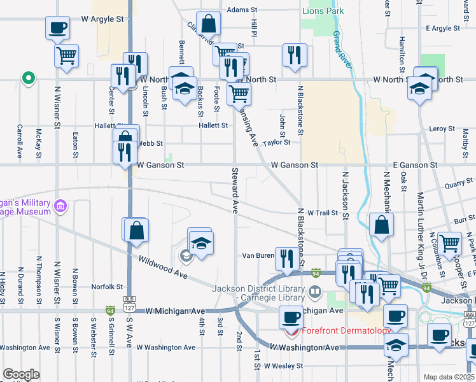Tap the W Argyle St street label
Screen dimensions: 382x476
coord(102,19)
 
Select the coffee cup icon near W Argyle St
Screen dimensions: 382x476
coord(58,28)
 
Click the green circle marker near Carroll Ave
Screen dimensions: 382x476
coord(28,79)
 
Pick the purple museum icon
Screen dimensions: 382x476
coord(61,206)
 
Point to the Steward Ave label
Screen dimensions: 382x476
coord(234,190)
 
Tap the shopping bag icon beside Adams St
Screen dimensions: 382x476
coord(209,25)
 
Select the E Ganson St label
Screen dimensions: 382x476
coord(415,165)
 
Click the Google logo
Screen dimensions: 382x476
coord(22,374)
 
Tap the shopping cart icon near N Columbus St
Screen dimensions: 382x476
coord(450,243)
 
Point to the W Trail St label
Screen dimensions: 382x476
coord(320,213)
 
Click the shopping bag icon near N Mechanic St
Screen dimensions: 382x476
coord(381,225)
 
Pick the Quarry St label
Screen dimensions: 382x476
coord(459,185)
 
